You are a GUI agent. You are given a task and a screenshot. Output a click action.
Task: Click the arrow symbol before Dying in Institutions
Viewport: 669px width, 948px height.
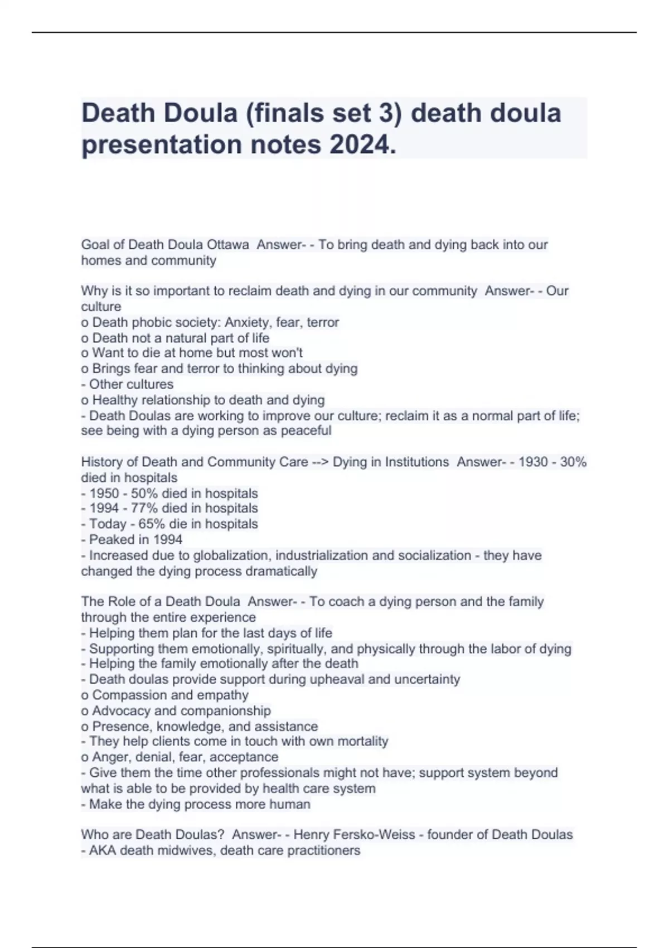pyautogui.click(x=320, y=462)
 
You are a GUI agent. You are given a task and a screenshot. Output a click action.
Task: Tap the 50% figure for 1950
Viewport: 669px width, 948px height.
pyautogui.click(x=144, y=494)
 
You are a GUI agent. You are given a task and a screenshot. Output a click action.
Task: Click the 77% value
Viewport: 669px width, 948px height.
pyautogui.click(x=144, y=509)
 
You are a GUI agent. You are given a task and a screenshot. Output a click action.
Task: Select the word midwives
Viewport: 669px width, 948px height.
pyautogui.click(x=188, y=850)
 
